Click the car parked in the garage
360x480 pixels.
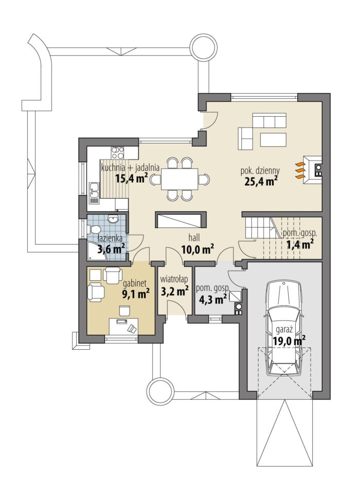pos(284,328)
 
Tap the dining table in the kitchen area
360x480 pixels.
pos(179,179)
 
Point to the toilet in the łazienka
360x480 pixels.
pos(94,229)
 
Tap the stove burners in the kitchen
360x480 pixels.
pos(118,153)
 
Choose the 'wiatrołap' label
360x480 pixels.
pos(174,279)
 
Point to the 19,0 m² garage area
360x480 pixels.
pos(289,341)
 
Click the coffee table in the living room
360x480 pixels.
pos(274,140)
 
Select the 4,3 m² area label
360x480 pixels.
pos(213,299)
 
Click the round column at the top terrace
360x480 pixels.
pos(204,48)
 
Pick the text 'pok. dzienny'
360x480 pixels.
pos(260,171)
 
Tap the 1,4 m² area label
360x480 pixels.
pos(299,244)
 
